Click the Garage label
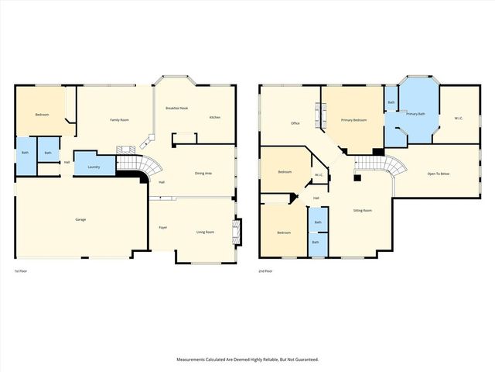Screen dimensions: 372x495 tap(80, 219)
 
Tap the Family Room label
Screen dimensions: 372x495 tap(119, 119)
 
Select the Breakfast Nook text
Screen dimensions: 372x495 tap(178, 108)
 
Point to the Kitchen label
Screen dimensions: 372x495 tap(214, 117)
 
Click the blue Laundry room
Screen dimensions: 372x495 tap(93, 167)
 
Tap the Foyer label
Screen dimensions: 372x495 tap(163, 228)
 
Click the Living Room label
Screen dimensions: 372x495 tap(205, 232)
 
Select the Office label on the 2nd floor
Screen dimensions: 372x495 tap(295, 123)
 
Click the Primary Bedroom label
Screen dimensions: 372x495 tap(353, 121)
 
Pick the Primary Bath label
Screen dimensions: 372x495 tap(416, 114)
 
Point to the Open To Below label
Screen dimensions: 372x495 tap(439, 173)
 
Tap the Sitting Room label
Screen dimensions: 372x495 tap(363, 210)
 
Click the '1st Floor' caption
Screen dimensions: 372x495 tap(22, 270)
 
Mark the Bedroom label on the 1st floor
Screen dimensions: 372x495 tap(42, 115)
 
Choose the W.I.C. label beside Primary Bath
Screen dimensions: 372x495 tap(458, 117)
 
